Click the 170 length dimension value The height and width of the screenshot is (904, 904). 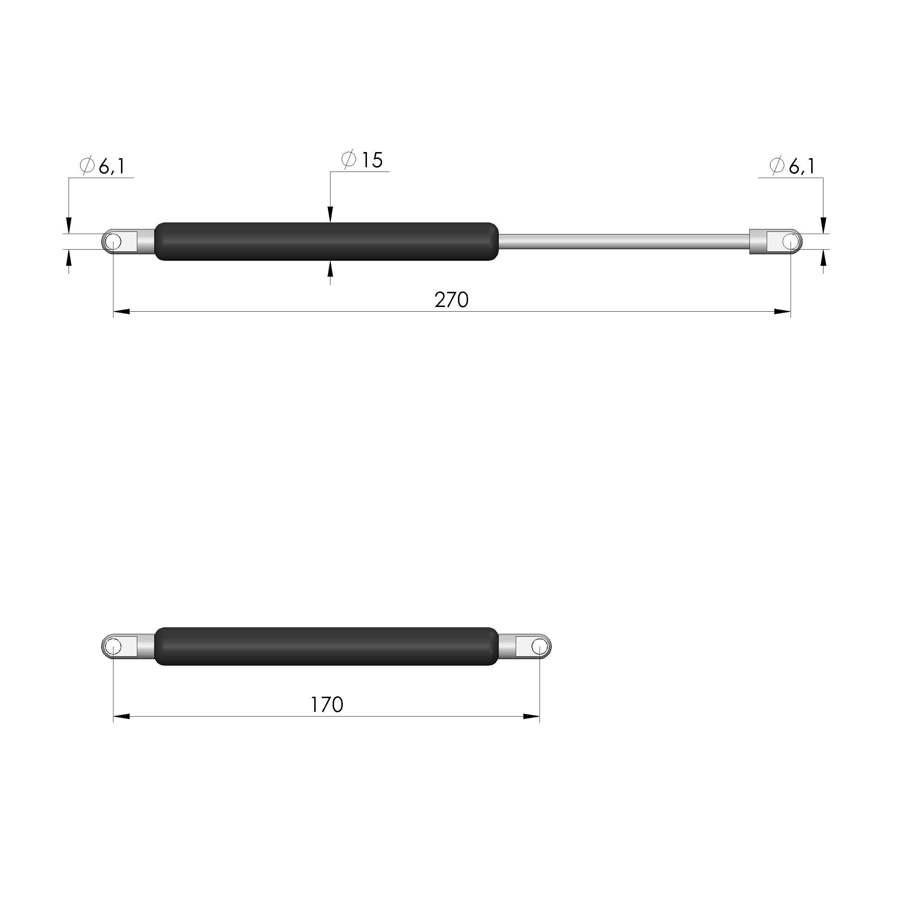tap(326, 705)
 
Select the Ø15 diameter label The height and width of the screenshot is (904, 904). tap(362, 160)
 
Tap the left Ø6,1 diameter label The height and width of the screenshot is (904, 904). tap(103, 166)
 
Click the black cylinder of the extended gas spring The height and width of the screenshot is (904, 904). tap(326, 242)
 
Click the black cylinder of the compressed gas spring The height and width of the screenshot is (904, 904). tap(326, 646)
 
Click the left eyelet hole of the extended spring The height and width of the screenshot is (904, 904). tap(113, 242)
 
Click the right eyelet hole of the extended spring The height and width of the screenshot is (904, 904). tap(791, 242)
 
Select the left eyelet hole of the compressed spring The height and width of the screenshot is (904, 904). tap(113, 646)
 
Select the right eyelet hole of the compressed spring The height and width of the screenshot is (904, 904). tap(540, 646)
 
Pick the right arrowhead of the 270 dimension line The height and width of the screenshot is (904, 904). tap(782, 312)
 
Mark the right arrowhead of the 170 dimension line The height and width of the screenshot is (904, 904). tap(532, 716)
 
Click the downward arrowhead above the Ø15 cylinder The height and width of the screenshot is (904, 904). tap(330, 215)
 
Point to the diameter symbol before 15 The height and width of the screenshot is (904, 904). tap(349, 160)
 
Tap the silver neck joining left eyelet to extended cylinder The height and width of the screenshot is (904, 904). tap(146, 242)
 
